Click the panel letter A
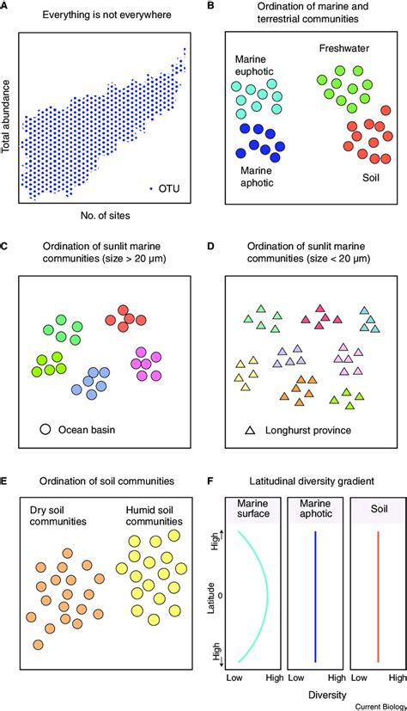5,7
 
